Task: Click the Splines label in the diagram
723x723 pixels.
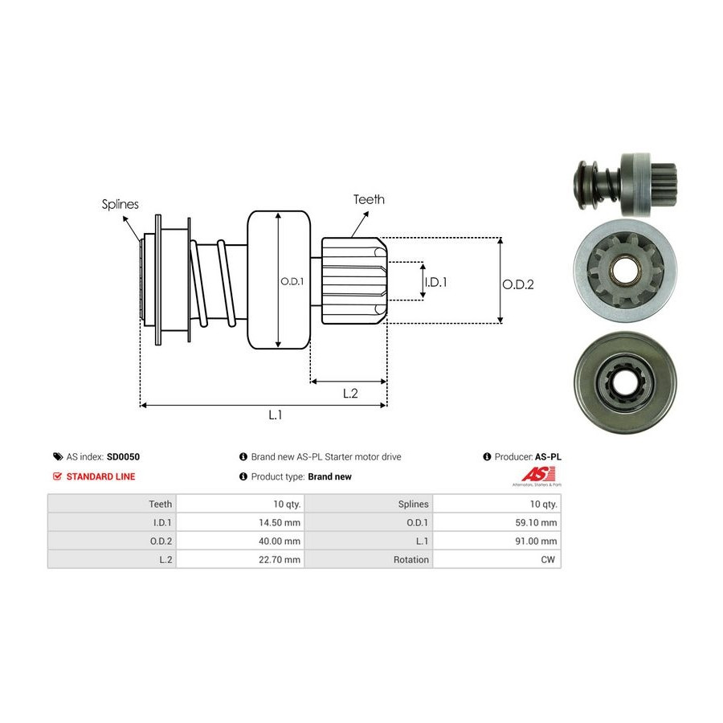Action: point(120,204)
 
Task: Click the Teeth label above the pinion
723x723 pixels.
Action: point(369,199)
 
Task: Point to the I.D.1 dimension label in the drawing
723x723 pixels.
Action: point(435,282)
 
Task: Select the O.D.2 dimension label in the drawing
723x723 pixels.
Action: point(518,284)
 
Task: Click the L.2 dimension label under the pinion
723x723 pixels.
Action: point(350,393)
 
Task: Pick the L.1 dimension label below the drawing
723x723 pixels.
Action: point(275,415)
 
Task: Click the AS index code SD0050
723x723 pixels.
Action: point(124,456)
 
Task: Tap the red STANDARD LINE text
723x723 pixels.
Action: point(100,476)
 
